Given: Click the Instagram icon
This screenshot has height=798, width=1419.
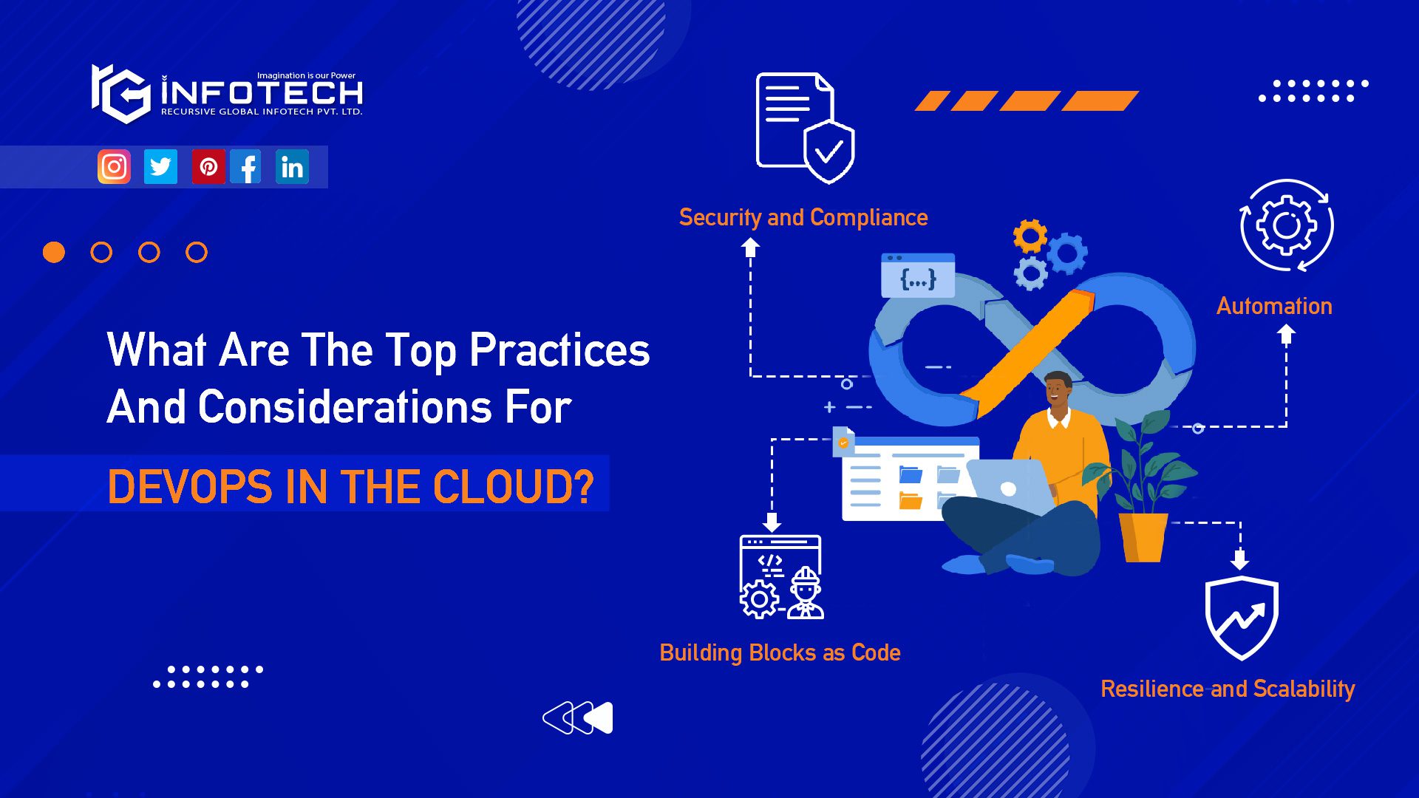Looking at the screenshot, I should tap(114, 167).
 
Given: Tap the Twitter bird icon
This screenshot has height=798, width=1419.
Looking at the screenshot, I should tap(160, 167).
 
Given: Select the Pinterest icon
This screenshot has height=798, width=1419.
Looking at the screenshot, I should tap(208, 167).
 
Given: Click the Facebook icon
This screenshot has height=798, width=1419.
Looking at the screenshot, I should tap(246, 167).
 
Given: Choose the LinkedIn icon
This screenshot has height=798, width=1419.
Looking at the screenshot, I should tap(292, 167).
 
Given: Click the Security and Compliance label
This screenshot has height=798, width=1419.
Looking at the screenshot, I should tap(803, 217).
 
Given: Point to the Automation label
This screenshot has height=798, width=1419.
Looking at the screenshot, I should tap(1273, 306).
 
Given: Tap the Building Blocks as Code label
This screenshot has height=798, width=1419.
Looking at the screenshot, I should tap(780, 652).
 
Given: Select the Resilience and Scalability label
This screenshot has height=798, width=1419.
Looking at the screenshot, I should tap(1227, 689).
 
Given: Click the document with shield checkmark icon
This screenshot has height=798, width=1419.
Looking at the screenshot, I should tap(804, 127).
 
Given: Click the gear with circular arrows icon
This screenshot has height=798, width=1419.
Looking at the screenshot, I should tap(1286, 225).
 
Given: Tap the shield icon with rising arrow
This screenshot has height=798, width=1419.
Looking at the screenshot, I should tap(1241, 618).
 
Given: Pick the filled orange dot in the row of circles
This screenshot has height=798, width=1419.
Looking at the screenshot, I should tap(54, 253).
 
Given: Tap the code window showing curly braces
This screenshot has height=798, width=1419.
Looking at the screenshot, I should tap(918, 276).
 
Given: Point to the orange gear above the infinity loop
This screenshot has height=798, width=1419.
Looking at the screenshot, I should tap(1030, 236).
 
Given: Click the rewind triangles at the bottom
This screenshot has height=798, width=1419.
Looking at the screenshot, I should tap(578, 717).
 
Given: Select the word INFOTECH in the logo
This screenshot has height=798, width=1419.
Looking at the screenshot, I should tap(262, 93).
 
